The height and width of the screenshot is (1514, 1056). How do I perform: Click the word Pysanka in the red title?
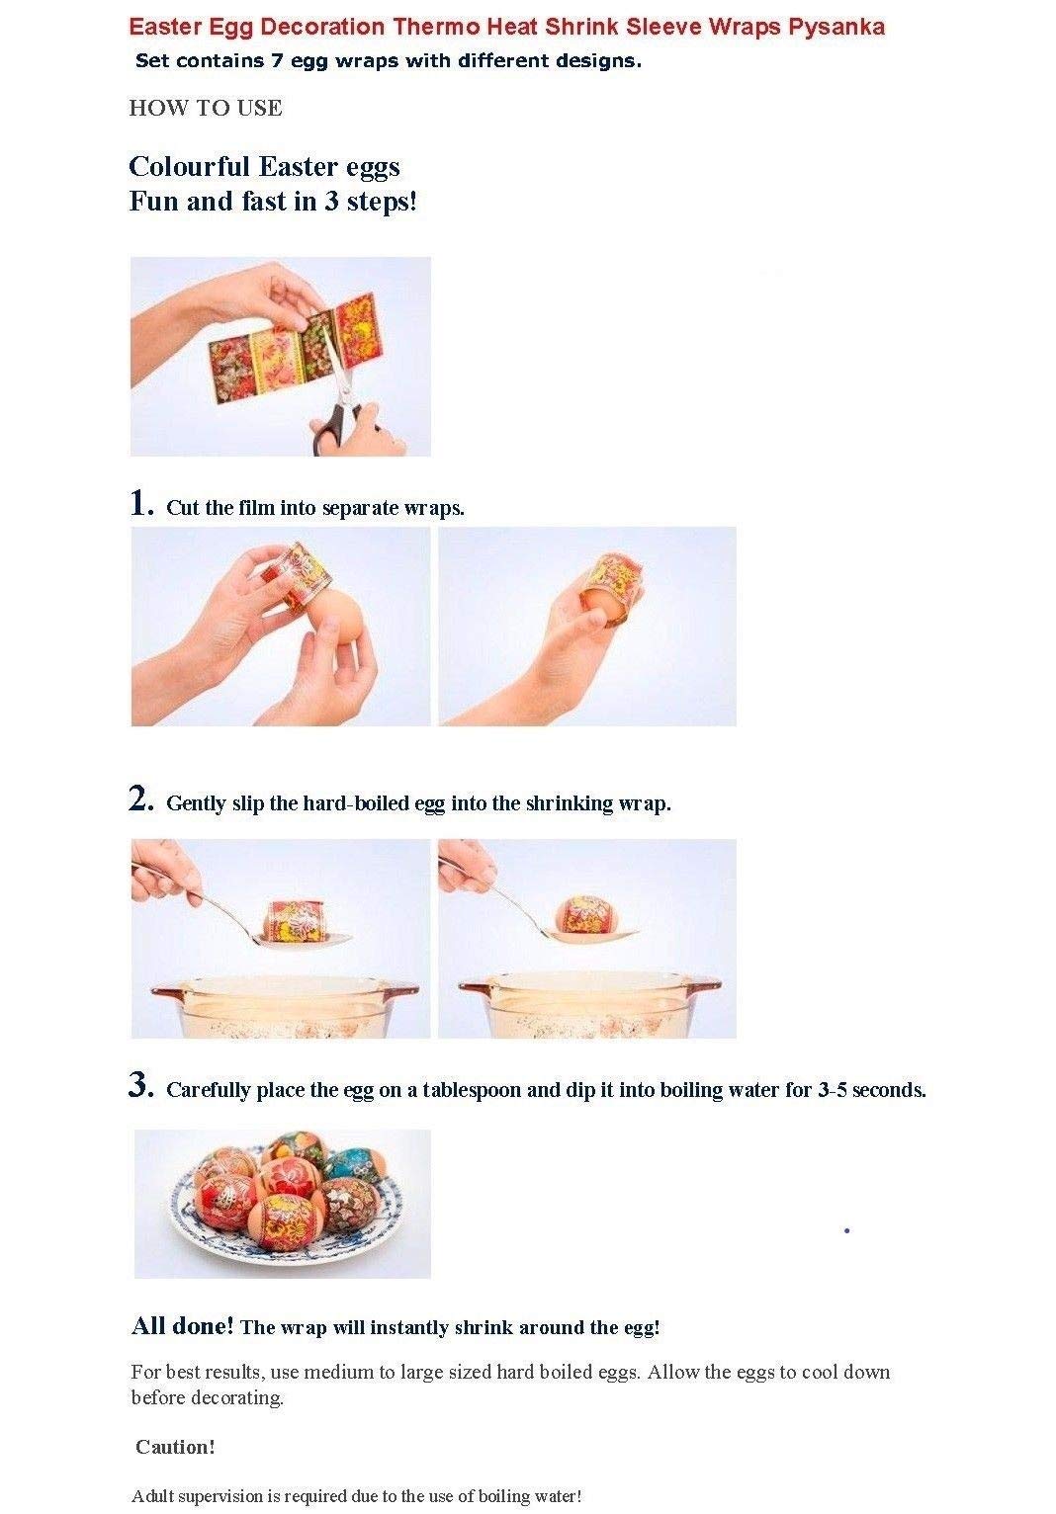pos(836,26)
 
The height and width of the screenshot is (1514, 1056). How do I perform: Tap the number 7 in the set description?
pos(277,61)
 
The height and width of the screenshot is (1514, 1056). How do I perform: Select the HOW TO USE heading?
pos(206,108)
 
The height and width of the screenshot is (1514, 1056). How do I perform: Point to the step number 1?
pos(141,503)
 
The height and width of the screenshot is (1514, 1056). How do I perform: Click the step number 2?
pos(141,799)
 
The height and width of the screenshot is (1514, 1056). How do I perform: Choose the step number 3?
pos(141,1085)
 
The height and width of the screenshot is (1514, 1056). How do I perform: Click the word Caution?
pos(175,1447)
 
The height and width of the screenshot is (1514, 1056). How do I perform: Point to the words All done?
pos(182,1326)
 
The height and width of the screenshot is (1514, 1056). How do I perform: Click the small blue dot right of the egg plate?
pos(847,1230)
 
